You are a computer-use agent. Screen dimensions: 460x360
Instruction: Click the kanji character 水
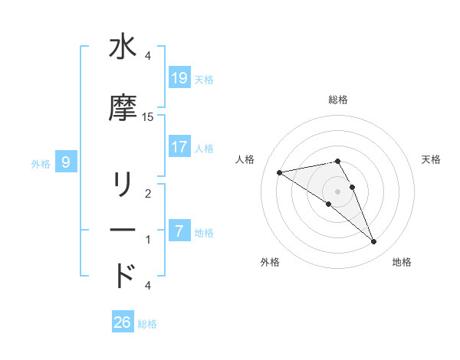123,47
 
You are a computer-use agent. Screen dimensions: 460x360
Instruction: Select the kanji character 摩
123,109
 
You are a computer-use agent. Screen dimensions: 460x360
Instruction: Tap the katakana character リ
123,185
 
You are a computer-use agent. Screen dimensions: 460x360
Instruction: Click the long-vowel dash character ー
123,230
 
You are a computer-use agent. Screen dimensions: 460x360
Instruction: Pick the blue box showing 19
179,77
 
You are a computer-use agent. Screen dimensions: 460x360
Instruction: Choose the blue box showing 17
179,146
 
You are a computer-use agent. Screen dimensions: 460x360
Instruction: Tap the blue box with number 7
179,231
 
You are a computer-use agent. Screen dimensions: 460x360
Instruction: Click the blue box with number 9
67,162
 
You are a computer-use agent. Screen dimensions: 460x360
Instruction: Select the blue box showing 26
123,322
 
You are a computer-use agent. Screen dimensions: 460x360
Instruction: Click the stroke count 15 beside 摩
148,116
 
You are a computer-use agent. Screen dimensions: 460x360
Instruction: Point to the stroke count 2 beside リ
148,194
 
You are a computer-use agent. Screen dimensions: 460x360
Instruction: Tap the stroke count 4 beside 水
148,56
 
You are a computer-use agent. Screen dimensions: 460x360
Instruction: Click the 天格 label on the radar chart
431,159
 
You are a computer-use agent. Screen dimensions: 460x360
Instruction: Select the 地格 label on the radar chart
402,262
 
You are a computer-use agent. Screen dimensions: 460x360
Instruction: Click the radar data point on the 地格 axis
373,242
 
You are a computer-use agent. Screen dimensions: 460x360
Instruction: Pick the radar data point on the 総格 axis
337,161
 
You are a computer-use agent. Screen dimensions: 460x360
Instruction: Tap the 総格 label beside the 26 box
147,324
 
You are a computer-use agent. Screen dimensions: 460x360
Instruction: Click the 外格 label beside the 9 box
41,163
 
